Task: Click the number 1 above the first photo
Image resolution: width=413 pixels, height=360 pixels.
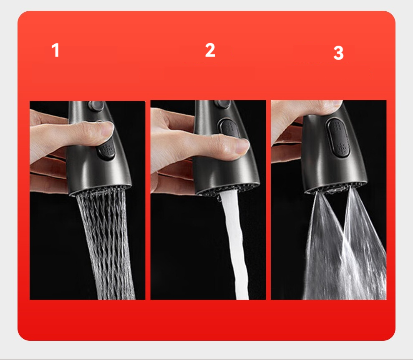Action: [55, 50]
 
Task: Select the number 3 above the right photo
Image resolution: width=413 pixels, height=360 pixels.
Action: [338, 53]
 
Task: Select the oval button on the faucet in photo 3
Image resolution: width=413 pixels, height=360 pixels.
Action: [339, 138]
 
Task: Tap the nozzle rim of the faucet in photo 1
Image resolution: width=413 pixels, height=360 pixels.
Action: [101, 188]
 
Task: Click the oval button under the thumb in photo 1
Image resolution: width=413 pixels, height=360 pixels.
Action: [107, 152]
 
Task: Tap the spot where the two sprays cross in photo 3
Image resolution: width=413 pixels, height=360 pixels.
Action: [344, 236]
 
